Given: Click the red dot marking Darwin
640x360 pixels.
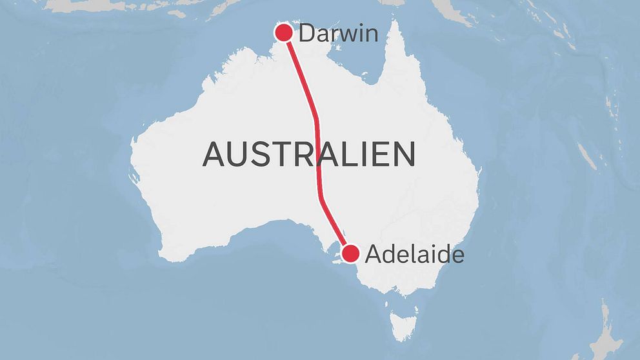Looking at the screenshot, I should (x=283, y=32).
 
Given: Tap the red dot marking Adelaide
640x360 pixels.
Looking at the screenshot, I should (x=350, y=254).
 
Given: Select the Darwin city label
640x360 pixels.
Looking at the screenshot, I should (x=338, y=33).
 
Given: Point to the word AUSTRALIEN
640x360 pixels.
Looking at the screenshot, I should (x=309, y=155).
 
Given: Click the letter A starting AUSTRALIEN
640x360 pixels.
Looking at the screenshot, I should (x=215, y=155).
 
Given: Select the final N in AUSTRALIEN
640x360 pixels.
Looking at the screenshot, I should (x=404, y=155).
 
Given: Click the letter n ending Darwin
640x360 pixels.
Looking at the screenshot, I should (x=370, y=34).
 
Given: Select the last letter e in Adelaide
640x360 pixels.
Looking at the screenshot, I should (x=458, y=256).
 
